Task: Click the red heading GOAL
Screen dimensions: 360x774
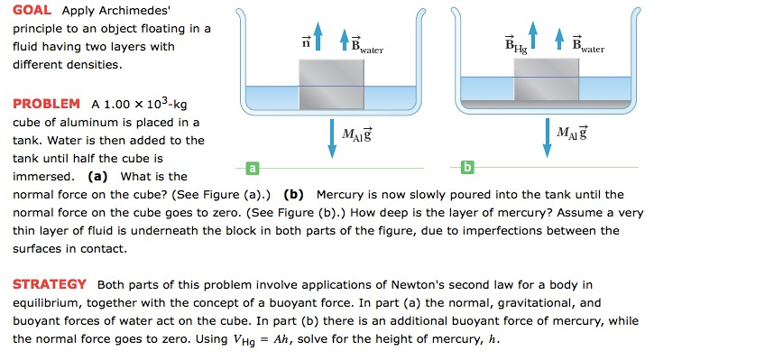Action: tap(32, 11)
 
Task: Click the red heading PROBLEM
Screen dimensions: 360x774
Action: tap(46, 105)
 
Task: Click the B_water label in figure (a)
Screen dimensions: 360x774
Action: tap(366, 43)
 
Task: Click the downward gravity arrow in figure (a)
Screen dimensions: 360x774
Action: tap(331, 136)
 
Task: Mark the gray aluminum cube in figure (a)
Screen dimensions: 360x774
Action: tap(331, 85)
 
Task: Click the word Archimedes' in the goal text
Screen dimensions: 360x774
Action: tap(134, 11)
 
